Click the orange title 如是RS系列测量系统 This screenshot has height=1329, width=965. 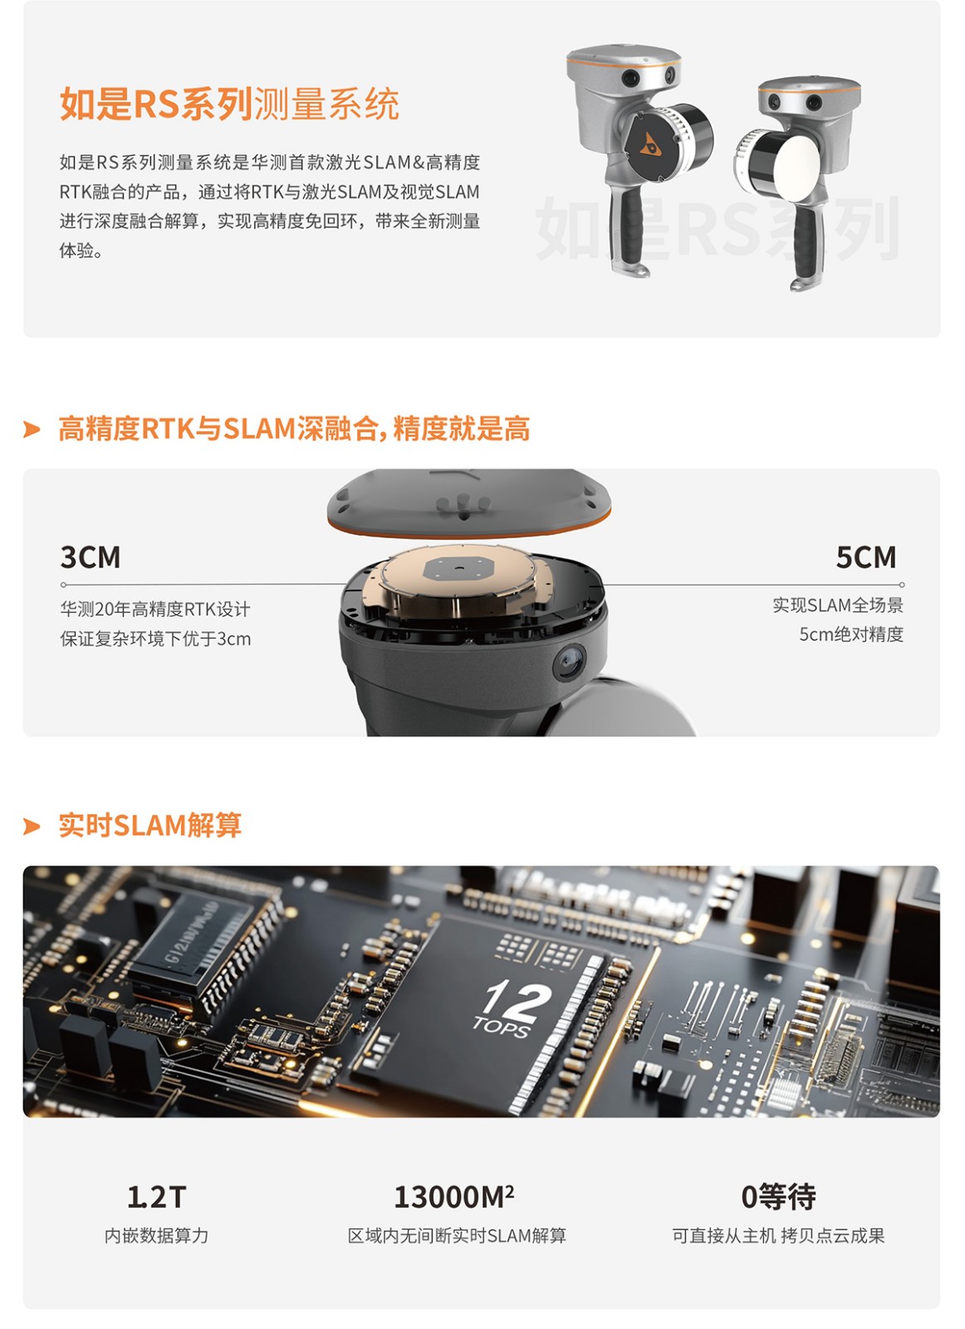(229, 104)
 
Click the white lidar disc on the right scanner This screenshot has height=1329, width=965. (796, 169)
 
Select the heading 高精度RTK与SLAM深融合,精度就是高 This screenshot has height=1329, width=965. (294, 429)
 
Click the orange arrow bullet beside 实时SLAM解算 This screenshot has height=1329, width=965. (32, 826)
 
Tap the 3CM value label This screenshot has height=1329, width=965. (91, 557)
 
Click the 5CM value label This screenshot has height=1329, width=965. (866, 557)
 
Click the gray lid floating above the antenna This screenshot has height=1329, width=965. (469, 503)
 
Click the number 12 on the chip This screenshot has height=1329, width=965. (517, 999)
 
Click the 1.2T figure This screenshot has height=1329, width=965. (157, 1197)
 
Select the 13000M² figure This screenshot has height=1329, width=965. (453, 1197)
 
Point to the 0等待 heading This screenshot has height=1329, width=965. (778, 1197)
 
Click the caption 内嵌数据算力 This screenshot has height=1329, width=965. (157, 1236)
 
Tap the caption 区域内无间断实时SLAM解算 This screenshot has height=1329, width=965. (457, 1236)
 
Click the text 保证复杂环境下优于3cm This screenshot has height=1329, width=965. (155, 639)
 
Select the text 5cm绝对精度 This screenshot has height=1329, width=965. (851, 635)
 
